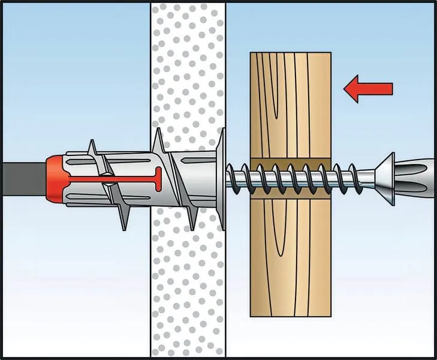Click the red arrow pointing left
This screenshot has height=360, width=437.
[367, 89]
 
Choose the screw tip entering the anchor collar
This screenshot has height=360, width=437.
[234, 178]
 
